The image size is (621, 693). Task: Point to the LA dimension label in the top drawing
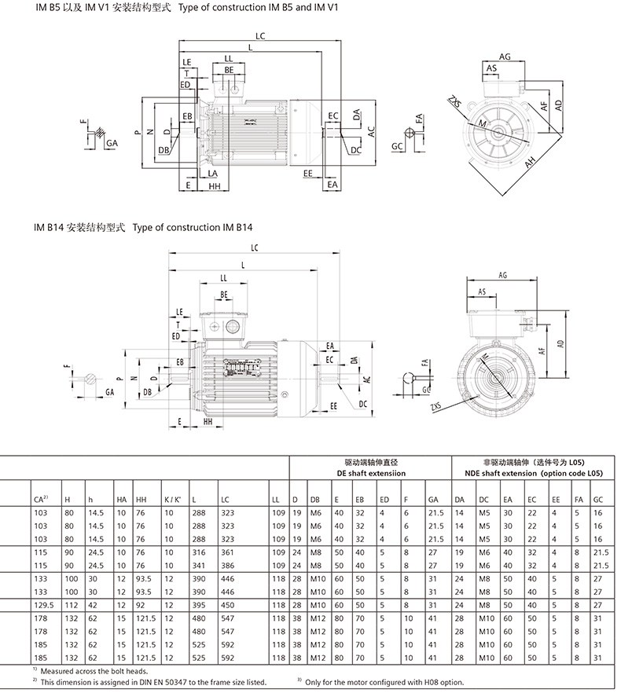(213, 172)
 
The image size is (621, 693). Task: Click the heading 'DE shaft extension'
(369, 474)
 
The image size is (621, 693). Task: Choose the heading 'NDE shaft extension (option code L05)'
(532, 474)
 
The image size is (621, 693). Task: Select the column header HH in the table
(141, 499)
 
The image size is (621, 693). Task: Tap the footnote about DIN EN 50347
(155, 681)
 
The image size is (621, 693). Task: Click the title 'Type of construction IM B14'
(193, 228)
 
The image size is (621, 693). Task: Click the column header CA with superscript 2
(42, 499)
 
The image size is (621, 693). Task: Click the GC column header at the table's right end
(600, 499)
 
